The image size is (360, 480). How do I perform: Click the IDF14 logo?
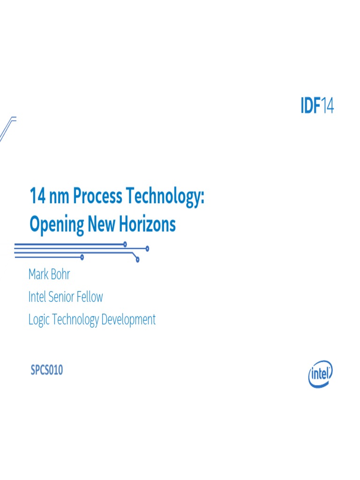click(x=317, y=106)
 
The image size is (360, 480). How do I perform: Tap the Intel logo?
click(x=321, y=374)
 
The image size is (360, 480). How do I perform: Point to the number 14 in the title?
click(x=37, y=196)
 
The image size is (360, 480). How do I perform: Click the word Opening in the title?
click(x=56, y=225)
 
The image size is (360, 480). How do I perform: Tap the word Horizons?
click(x=147, y=224)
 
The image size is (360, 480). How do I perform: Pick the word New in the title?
click(x=102, y=224)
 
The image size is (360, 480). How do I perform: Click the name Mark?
click(x=38, y=274)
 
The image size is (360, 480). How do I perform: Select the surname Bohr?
click(x=60, y=274)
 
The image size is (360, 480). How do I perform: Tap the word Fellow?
click(x=91, y=297)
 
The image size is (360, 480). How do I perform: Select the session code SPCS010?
click(x=47, y=370)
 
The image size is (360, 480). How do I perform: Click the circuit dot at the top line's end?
click(x=125, y=244)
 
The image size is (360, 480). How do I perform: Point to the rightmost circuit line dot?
click(x=147, y=248)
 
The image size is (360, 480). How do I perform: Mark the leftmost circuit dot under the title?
click(x=82, y=257)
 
